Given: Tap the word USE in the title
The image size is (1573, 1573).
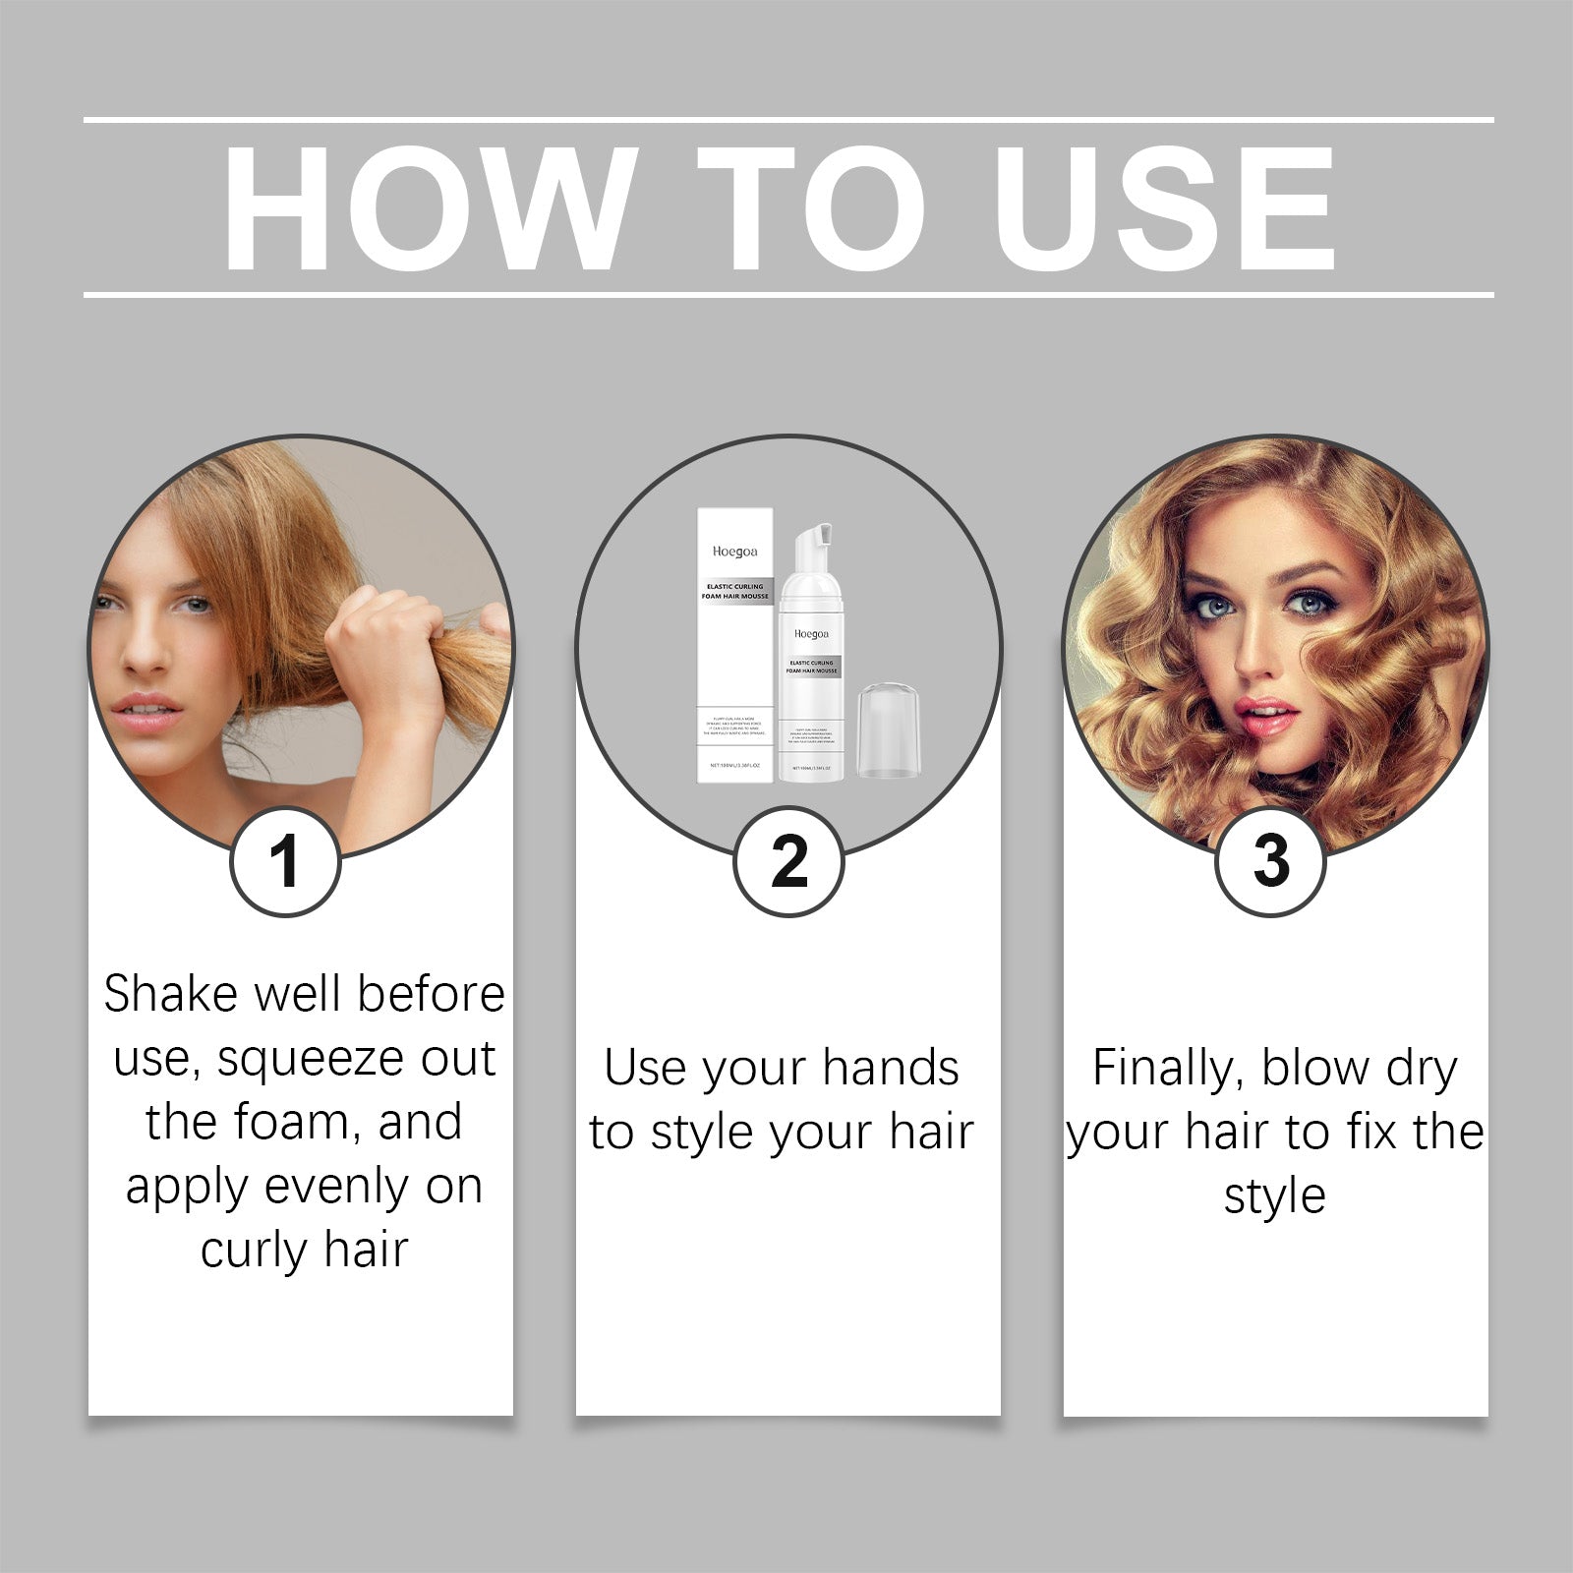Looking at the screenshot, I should [x=1164, y=209].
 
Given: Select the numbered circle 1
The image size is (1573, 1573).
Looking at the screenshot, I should [x=285, y=862].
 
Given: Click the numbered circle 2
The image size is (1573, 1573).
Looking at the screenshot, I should [x=788, y=862].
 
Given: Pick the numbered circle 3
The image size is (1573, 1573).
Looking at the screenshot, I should [x=1270, y=862].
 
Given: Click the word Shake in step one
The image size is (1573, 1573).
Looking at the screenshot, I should [x=173, y=994].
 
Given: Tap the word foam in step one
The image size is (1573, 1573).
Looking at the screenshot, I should [x=296, y=1122].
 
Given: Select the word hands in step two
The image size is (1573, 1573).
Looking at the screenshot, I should [x=891, y=1069].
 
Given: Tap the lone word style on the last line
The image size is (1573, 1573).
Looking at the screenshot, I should [x=1274, y=1196].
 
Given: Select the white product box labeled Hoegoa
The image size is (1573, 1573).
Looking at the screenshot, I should [x=735, y=644].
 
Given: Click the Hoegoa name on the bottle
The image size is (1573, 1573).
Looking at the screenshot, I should [x=811, y=634].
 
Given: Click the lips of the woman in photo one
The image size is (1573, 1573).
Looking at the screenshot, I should [x=147, y=712].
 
